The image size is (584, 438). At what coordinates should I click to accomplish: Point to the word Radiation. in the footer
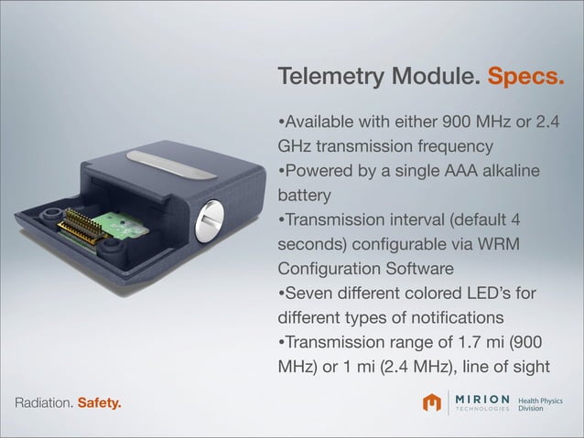38,402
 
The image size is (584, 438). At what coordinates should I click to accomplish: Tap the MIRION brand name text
481,399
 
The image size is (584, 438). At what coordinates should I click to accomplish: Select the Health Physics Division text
541,403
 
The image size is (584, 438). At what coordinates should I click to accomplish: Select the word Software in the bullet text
413,270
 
